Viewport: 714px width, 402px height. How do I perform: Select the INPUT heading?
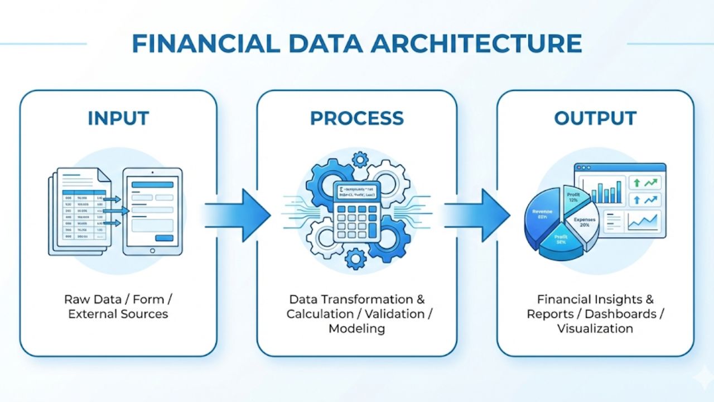coord(118,118)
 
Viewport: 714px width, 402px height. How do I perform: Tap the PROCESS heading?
coord(356,118)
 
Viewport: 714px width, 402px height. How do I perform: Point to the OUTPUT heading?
coord(595,118)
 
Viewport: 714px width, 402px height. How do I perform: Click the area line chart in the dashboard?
coord(642,222)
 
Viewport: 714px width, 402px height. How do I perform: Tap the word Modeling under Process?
coord(356,328)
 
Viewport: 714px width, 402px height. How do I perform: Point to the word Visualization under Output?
coord(595,328)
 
